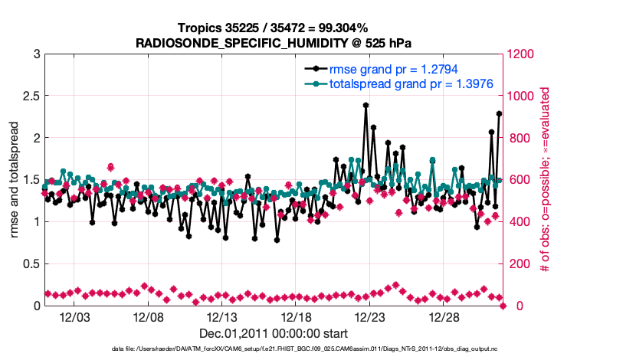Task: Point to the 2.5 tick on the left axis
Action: [30, 97]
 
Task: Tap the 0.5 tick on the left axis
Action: [30, 264]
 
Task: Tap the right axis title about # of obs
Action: [546, 180]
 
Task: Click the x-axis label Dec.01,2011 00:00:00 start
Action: [274, 333]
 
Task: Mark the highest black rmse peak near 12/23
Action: [366, 106]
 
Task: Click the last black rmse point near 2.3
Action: [499, 114]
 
